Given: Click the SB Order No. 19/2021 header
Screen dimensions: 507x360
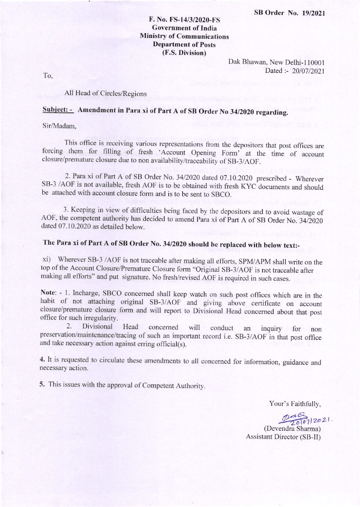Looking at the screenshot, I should point(290,13).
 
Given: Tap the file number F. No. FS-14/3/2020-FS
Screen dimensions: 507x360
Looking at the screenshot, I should point(185,20).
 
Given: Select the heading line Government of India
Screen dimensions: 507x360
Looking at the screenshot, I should point(185,28).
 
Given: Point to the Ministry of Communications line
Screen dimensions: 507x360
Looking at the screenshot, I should point(185,37).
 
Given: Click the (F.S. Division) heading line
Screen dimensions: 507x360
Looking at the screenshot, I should point(185,53).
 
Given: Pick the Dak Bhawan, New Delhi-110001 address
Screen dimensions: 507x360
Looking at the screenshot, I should point(277,63).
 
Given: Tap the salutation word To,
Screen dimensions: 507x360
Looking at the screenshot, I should point(48,76).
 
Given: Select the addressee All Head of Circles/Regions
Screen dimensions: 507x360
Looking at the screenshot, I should point(106,94).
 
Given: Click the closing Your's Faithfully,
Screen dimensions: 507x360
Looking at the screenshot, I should point(295,404).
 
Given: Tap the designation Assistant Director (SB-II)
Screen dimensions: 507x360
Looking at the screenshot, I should point(283,437).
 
